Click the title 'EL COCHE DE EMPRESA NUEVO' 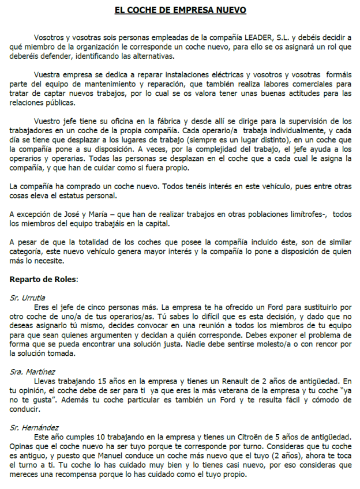[180, 11]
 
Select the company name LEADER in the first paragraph [270, 37]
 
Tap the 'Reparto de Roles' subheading [44, 279]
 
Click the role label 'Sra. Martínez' [32, 372]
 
